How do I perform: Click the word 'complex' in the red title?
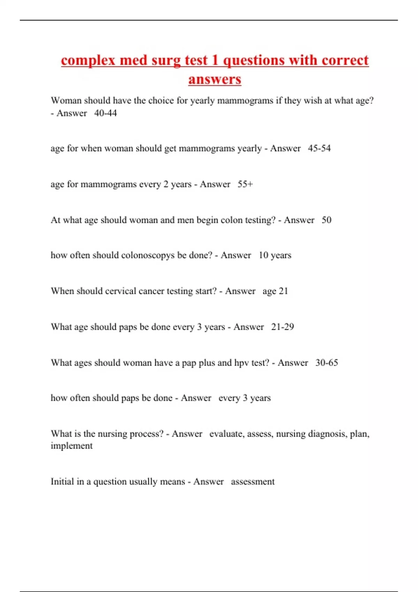point(88,61)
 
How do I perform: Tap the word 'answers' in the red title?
point(215,79)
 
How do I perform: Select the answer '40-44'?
point(106,113)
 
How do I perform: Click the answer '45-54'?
point(319,148)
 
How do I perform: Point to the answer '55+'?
point(245,184)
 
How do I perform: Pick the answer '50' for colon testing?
point(326,220)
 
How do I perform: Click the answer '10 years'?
point(275,255)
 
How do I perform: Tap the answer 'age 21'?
point(275,291)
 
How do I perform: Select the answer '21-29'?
point(282,327)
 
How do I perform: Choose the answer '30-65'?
point(327,363)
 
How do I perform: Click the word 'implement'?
point(71,446)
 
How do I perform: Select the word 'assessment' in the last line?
point(253,482)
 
